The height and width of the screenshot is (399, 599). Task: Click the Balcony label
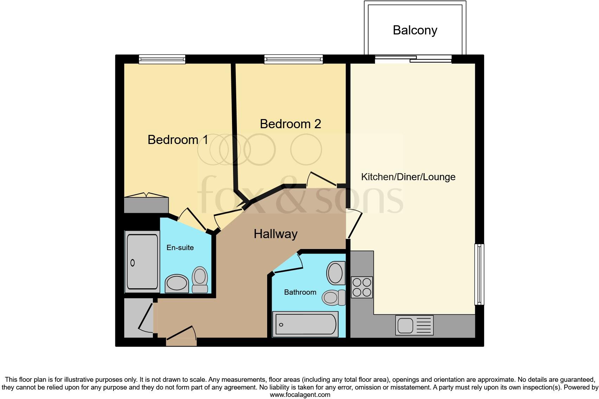coord(415,30)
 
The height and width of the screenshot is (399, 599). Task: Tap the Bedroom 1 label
coord(178,140)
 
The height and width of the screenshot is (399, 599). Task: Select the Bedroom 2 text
coord(290,124)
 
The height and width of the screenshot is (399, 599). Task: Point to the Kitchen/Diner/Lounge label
coord(408,177)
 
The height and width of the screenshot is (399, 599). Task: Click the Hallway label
coord(276,234)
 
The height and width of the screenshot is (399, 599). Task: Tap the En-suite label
coord(180,248)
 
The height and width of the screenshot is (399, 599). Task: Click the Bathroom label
coord(300,292)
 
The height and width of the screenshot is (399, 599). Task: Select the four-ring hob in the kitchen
coord(362,287)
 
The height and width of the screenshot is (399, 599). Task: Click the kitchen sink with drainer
coord(414,325)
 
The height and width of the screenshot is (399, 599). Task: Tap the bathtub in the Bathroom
coord(305,324)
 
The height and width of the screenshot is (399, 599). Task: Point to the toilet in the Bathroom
coord(333,297)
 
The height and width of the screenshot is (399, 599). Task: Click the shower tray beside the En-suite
coord(142,262)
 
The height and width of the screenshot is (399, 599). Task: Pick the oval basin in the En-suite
coord(177,283)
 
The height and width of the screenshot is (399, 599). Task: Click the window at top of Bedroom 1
coord(162,59)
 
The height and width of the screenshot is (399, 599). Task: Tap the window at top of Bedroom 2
coord(294,59)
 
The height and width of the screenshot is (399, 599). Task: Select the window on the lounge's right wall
coord(479,274)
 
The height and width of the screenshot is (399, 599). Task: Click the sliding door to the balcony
coord(413,59)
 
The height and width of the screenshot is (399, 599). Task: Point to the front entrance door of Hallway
coord(181,338)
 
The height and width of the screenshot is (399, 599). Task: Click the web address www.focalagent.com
coord(300,395)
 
